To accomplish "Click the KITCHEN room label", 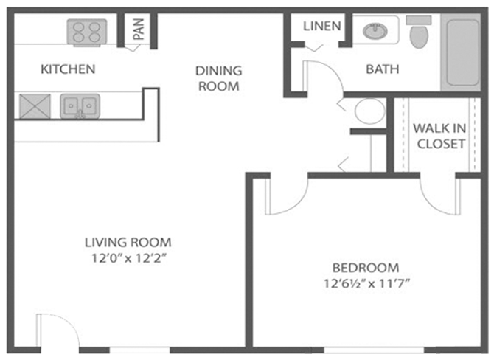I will point(68,69).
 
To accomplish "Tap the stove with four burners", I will point(87,32).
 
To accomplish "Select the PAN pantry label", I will point(138,29).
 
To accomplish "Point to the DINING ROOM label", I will point(218,78).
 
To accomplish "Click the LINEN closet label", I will point(322,26).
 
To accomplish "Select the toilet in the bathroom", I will point(419,34).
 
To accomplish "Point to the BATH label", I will point(383,69).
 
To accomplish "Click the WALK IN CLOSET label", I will point(440,136).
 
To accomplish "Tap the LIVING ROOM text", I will point(128,242).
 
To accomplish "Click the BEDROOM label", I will point(365,268).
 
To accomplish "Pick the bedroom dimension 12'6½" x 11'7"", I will point(365,283).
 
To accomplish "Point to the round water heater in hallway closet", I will point(369,112).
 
